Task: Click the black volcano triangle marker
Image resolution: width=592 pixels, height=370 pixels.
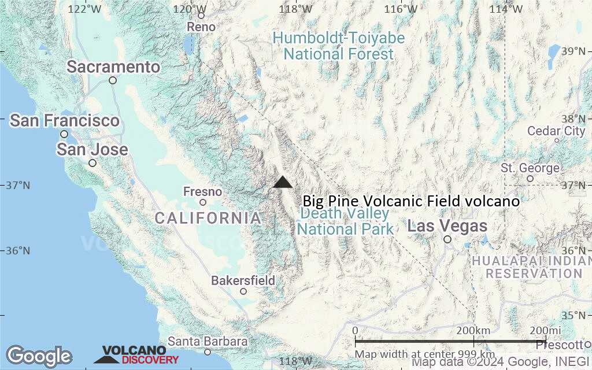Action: pyautogui.click(x=283, y=183)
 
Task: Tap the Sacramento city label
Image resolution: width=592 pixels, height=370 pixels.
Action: pyautogui.click(x=113, y=67)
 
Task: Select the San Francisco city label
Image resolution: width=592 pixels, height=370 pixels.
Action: pyautogui.click(x=64, y=121)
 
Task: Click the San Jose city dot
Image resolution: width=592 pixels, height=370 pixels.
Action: pyautogui.click(x=92, y=163)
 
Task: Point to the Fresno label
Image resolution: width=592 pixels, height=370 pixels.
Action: pyautogui.click(x=202, y=191)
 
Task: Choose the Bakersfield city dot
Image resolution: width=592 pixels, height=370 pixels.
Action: pyautogui.click(x=243, y=291)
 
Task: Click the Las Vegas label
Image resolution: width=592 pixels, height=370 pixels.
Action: pyautogui.click(x=447, y=226)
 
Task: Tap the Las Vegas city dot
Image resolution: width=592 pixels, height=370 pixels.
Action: pyautogui.click(x=447, y=239)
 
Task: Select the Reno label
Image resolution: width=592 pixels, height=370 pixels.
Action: pyautogui.click(x=201, y=27)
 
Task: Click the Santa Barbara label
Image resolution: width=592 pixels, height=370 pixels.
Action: pyautogui.click(x=208, y=342)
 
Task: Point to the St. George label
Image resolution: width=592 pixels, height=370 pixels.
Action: pyautogui.click(x=530, y=168)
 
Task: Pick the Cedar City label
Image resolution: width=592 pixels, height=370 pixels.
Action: pyautogui.click(x=556, y=131)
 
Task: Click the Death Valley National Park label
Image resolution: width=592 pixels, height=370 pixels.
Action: pyautogui.click(x=345, y=221)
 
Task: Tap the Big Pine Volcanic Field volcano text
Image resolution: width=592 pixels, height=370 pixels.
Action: pyautogui.click(x=411, y=201)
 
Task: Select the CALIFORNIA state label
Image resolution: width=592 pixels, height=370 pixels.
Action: pyautogui.click(x=208, y=218)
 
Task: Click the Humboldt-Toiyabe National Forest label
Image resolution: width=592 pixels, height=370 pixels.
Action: pyautogui.click(x=339, y=46)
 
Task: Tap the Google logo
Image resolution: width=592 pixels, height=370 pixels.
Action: pyautogui.click(x=39, y=356)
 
